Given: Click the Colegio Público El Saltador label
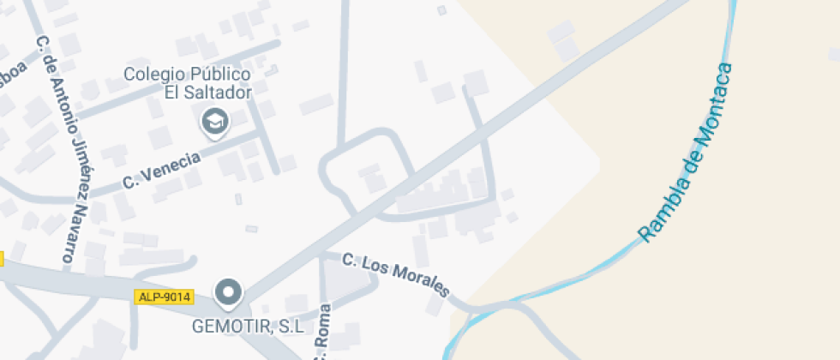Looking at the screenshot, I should pos(187,83).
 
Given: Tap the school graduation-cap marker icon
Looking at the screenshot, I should pos(214,122).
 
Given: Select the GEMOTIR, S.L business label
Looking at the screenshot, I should pos(248,327).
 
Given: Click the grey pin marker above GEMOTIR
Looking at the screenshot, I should pos(228,294).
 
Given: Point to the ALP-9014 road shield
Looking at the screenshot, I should pos(164,297).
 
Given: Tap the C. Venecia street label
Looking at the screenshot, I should pos(161,170).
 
